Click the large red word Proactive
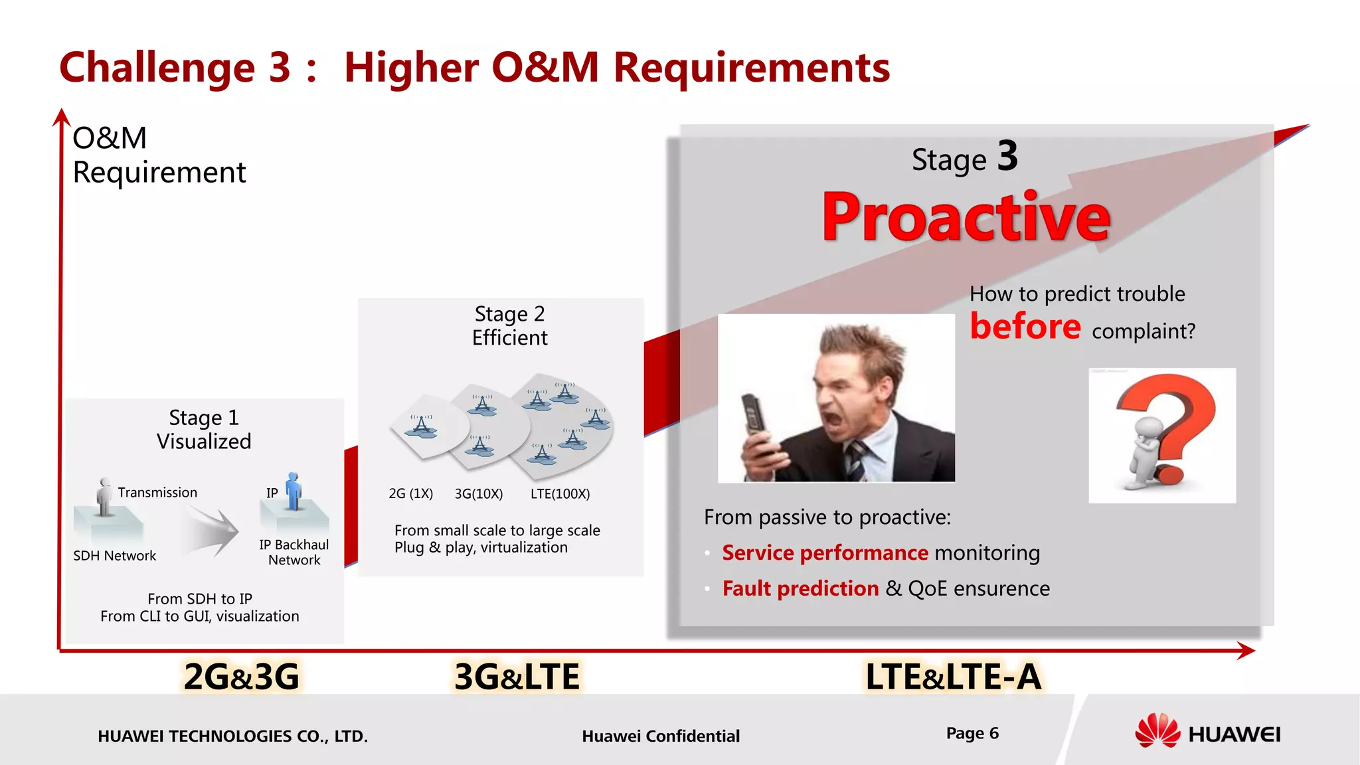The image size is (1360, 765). [966, 217]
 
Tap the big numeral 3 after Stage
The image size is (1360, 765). [1007, 157]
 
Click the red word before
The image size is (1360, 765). [1025, 327]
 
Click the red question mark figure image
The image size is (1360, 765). [1162, 435]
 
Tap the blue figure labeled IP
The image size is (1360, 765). [293, 491]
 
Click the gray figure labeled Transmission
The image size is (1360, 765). [104, 497]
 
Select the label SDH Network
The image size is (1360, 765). [114, 556]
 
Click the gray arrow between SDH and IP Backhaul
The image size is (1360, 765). [211, 532]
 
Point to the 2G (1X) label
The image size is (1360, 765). [410, 494]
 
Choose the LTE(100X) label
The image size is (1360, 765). [560, 494]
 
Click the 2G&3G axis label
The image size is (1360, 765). [241, 677]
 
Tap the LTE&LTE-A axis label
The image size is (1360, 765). [953, 677]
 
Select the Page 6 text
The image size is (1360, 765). [972, 733]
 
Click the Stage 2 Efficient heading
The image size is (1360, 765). [509, 325]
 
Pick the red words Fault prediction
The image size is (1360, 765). [800, 588]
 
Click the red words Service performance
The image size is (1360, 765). [825, 552]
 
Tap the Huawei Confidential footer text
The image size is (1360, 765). [660, 736]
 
